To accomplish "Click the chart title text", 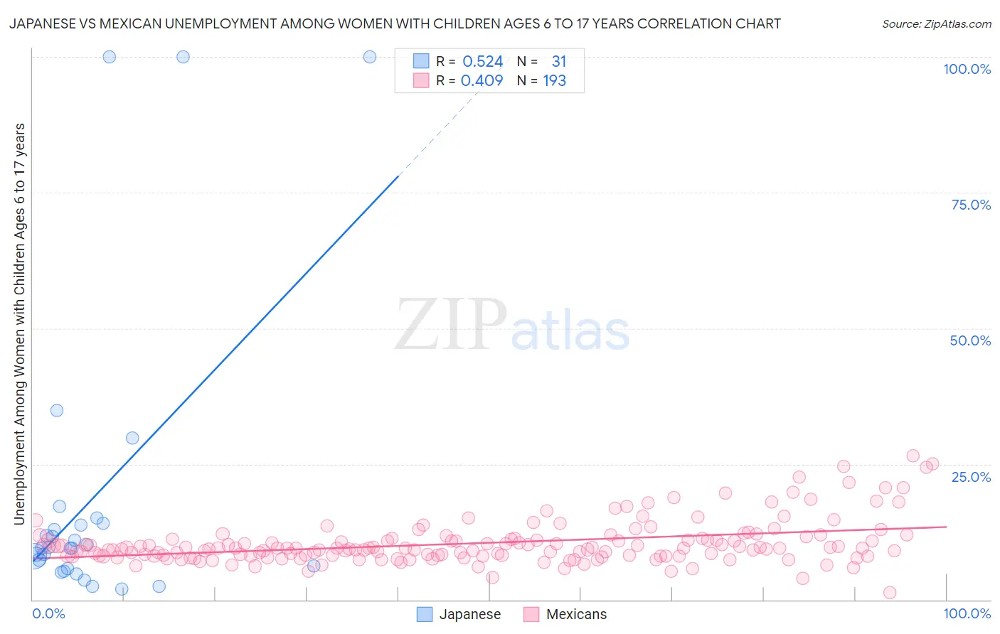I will [395, 23].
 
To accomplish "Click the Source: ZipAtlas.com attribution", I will [936, 23].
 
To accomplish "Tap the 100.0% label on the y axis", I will [967, 69].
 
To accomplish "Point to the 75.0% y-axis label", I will [971, 205].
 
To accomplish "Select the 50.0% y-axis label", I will [970, 340].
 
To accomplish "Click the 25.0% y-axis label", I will [971, 476].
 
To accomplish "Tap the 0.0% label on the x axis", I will [48, 613].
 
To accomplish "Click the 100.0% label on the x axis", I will [967, 613].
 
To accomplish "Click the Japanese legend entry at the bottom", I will [459, 614].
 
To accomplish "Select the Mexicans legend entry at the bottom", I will [565, 614].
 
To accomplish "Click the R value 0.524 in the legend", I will [483, 62].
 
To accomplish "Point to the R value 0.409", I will [482, 81].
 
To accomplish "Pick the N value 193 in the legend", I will [555, 81].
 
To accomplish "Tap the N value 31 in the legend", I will [559, 62].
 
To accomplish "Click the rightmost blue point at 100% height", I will [370, 57].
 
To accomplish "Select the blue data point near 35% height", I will [57, 410].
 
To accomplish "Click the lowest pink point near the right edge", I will [889, 593].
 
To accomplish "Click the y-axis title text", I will [19, 324].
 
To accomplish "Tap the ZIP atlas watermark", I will [512, 325].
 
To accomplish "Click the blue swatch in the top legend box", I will [421, 62].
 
